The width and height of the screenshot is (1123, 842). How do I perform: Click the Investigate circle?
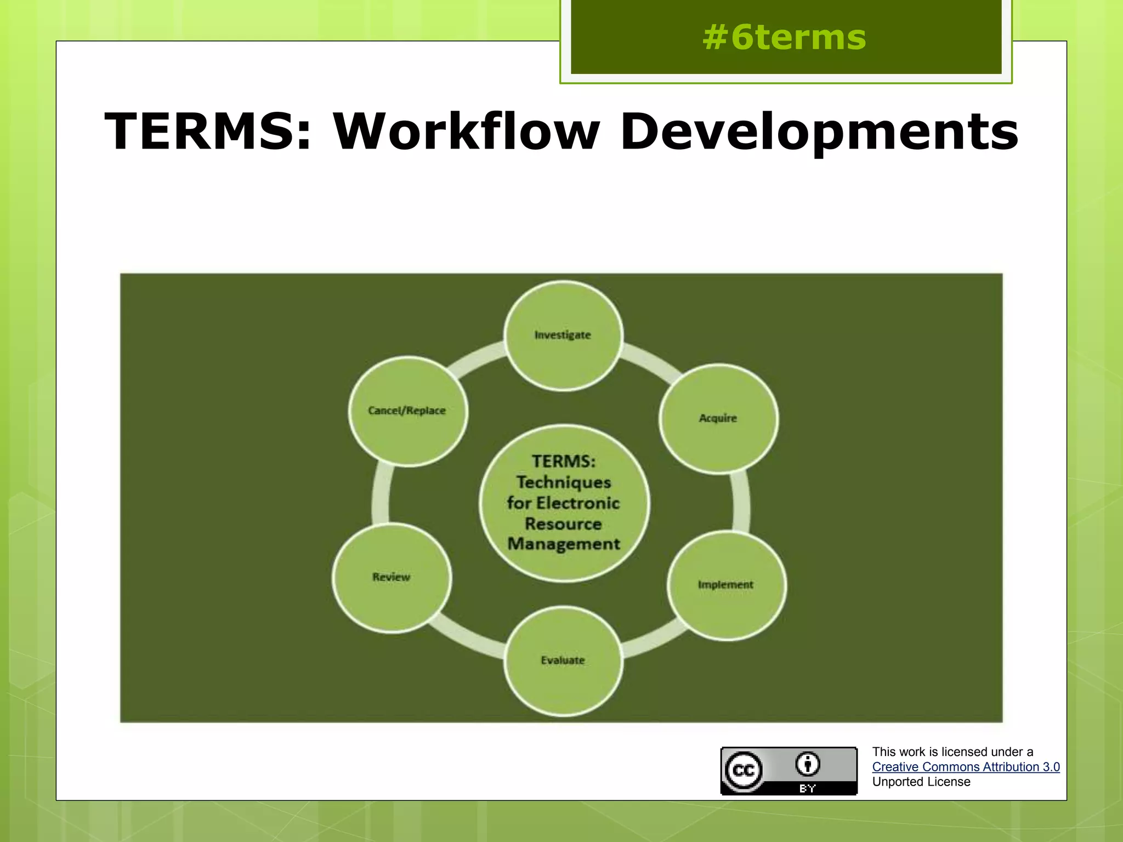(563, 335)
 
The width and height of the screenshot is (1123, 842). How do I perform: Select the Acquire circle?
(718, 419)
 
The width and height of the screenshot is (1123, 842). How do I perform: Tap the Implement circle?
(726, 585)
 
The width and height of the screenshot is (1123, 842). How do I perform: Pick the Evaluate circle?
(563, 661)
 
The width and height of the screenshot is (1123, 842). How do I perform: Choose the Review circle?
(392, 577)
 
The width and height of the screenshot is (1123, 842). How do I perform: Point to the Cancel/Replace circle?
(407, 411)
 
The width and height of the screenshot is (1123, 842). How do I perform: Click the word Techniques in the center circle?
(564, 482)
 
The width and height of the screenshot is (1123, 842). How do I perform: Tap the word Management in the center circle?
(564, 544)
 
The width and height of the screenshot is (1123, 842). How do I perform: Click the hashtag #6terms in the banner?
(784, 38)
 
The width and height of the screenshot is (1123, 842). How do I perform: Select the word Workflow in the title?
(467, 132)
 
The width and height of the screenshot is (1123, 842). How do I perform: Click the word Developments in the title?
(819, 132)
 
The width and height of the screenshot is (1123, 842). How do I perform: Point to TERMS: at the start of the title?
(208, 132)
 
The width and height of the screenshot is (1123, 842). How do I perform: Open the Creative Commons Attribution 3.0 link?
(966, 767)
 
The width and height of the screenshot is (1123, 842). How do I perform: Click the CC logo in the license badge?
(744, 771)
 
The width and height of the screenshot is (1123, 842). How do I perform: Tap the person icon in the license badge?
(808, 764)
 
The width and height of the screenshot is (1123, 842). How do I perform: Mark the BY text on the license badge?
(808, 789)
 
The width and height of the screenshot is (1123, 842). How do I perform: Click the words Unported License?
(921, 782)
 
